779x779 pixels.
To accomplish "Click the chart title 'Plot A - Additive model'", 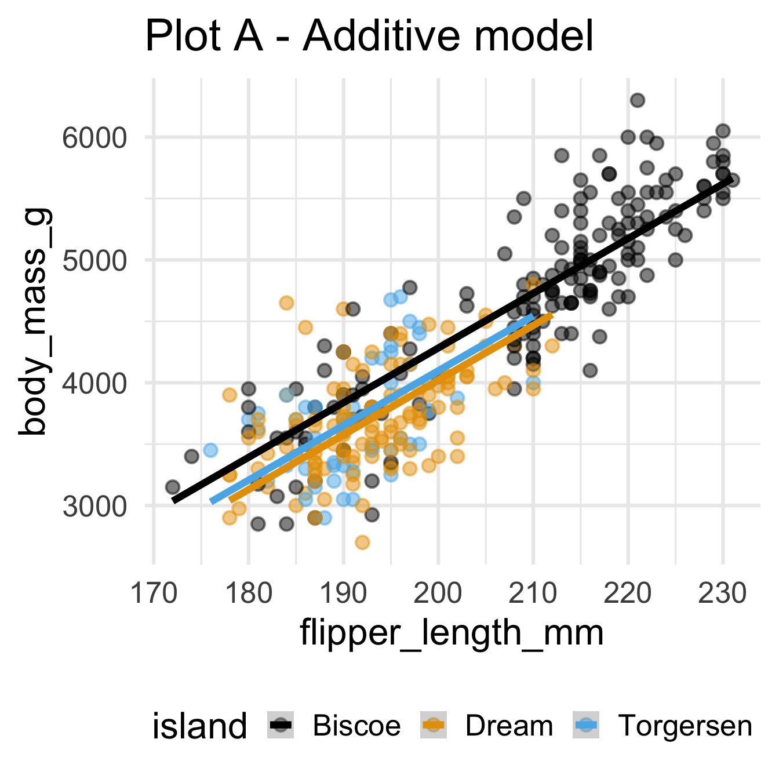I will click(x=369, y=37).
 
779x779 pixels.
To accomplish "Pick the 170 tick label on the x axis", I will click(x=154, y=594).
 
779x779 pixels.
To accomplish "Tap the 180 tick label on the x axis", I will click(x=249, y=594).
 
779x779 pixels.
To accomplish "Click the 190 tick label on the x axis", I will click(x=343, y=594).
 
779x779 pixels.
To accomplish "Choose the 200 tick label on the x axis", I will click(x=438, y=594).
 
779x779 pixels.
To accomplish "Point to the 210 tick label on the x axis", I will click(x=533, y=594).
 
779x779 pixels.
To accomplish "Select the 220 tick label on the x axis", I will click(x=628, y=594).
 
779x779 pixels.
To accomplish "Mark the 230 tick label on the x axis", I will click(x=723, y=594).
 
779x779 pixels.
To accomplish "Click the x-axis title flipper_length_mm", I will click(x=452, y=633).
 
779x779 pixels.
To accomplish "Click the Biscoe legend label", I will click(x=356, y=726).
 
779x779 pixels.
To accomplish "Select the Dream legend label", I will click(x=509, y=726).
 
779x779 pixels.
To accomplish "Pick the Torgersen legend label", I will click(x=685, y=726).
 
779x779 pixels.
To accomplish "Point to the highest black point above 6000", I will click(x=638, y=100).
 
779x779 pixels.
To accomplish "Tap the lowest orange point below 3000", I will click(x=362, y=543).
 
